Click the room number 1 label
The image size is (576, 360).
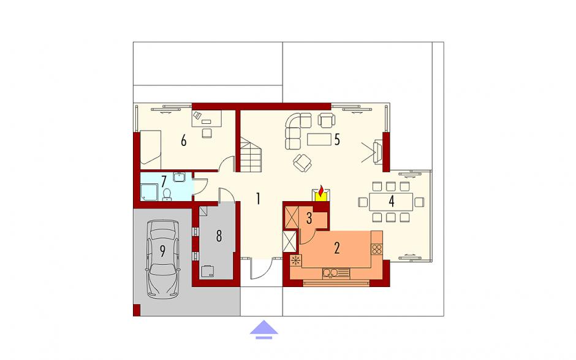click(258, 199)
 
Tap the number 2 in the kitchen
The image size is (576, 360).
click(337, 248)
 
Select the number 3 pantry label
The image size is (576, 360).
click(309, 218)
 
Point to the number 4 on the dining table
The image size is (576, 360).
click(392, 201)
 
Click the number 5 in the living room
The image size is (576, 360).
click(337, 139)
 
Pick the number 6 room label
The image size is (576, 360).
click(184, 140)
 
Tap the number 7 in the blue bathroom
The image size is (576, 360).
click(164, 181)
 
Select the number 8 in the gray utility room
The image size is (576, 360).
click(219, 236)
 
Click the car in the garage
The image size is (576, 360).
click(163, 259)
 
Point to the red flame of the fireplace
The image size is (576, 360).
click(322, 191)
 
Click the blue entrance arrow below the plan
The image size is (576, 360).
click(263, 329)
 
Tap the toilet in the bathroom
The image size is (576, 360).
click(167, 194)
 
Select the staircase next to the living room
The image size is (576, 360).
click(251, 155)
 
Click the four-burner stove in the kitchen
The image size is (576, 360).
click(376, 249)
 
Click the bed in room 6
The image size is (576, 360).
click(151, 147)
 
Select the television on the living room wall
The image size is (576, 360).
click(377, 151)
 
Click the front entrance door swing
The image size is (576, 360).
click(262, 269)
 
